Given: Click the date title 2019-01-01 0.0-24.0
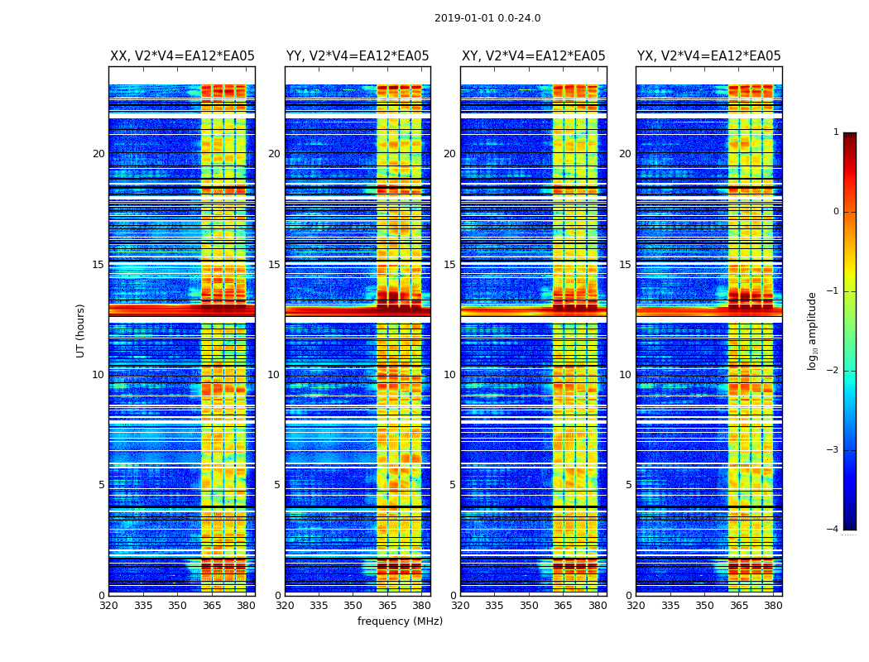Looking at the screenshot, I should pos(487,18).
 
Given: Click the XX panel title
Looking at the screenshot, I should pos(182,56).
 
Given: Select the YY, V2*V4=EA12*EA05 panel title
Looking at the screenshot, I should pos(358,56).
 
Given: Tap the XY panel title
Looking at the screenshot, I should pos(533,56).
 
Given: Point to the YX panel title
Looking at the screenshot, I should pos(708,56).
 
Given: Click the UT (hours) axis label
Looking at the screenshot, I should pos(80,330).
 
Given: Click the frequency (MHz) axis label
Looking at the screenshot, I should pos(400,621).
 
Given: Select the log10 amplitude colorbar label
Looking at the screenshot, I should pos(813,330).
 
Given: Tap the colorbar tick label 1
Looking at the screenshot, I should pos(835,132).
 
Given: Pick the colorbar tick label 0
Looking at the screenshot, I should pos(835,212).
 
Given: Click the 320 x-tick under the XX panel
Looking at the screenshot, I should pos(108,606).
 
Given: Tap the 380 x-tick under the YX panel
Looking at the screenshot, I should pos(773,606).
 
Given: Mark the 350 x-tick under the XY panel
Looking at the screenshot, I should pos(529,606).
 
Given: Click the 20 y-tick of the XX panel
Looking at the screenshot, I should pos(98,154).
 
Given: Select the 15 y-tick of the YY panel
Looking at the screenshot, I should pos(274,265).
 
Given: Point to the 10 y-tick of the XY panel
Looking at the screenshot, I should pos(449,375).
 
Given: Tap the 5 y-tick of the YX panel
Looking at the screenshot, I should pos(628,485).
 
